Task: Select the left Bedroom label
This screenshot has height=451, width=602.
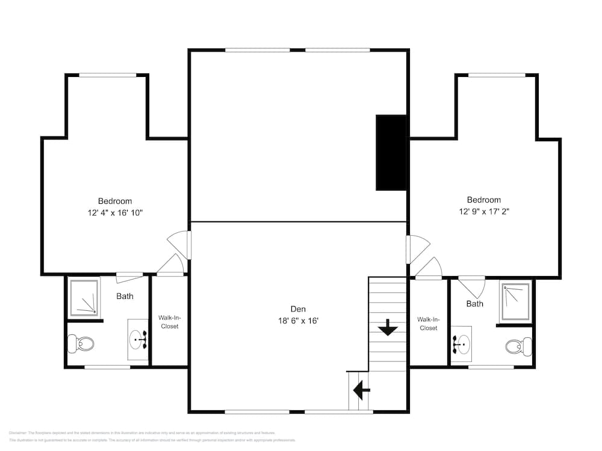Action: [115, 201]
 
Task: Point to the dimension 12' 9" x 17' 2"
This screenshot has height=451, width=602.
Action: [484, 212]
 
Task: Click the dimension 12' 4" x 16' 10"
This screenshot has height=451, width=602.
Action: [115, 213]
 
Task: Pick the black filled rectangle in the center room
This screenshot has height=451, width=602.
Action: [391, 153]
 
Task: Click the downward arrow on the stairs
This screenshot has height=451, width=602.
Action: [387, 328]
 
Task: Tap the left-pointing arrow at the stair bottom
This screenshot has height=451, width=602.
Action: [361, 391]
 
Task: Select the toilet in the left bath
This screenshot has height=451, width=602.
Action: [81, 344]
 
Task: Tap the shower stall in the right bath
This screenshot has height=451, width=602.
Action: [515, 301]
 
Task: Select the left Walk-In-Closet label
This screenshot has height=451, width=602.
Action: [169, 322]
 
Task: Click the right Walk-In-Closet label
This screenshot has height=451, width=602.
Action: [429, 324]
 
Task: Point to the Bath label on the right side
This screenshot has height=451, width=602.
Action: [474, 304]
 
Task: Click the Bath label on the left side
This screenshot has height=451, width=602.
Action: [125, 296]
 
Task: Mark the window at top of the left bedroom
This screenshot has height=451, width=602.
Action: [108, 75]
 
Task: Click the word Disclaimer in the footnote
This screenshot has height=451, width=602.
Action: [18, 433]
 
